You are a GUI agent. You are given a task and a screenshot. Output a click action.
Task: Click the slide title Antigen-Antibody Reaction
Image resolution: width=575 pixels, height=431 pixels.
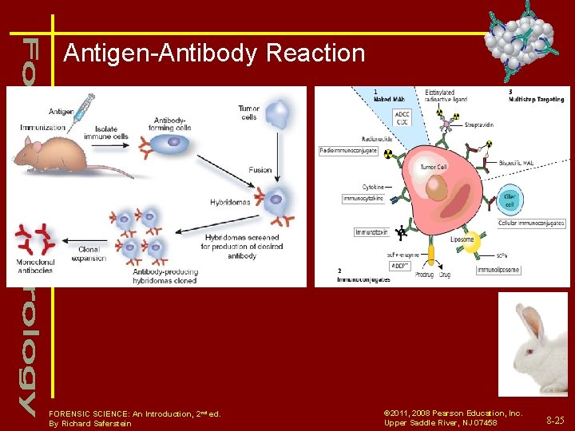[x=214, y=53]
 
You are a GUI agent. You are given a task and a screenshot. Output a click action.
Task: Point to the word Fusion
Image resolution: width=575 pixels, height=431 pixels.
[x=260, y=170]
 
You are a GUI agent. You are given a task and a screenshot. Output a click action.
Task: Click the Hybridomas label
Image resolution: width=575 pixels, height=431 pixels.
[x=229, y=202]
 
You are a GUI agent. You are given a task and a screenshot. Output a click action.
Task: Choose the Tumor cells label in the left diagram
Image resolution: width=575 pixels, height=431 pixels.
[x=248, y=113]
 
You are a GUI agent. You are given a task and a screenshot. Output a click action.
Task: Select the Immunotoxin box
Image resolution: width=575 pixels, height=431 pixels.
[x=371, y=232]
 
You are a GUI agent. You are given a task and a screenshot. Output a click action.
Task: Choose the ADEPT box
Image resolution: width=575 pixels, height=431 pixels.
[x=377, y=265]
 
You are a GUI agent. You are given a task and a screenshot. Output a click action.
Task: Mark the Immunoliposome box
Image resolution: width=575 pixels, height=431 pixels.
[x=498, y=270]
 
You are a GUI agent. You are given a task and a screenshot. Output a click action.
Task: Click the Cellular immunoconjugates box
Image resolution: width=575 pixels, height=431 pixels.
[x=531, y=223]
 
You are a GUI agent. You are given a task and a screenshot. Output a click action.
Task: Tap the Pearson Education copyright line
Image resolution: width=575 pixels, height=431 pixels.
[x=453, y=413]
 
